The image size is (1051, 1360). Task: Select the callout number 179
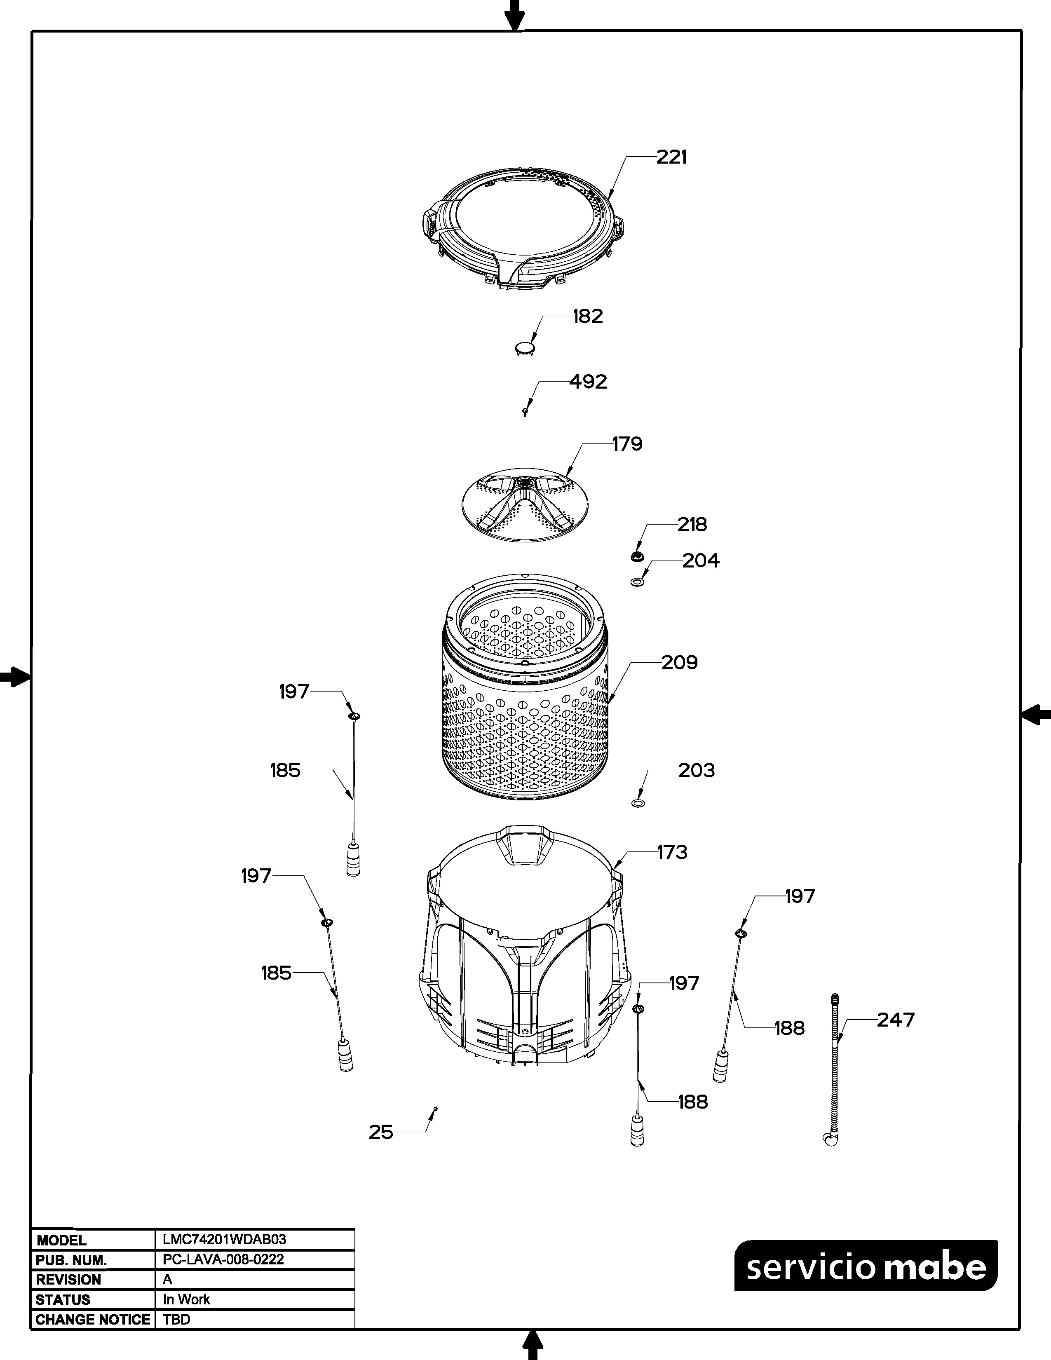point(627,444)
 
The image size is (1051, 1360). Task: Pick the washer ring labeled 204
point(637,582)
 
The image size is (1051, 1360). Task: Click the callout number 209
point(679,663)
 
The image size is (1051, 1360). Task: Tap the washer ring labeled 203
point(638,803)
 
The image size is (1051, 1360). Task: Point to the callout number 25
point(381,1132)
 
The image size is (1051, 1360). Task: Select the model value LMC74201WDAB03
point(224,1239)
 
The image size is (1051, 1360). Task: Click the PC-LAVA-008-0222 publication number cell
point(223,1259)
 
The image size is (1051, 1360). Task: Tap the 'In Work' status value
point(186,1299)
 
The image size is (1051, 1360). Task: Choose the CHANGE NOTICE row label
point(93,1320)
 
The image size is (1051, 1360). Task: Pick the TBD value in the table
point(176,1320)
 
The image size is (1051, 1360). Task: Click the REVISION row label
point(68,1280)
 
